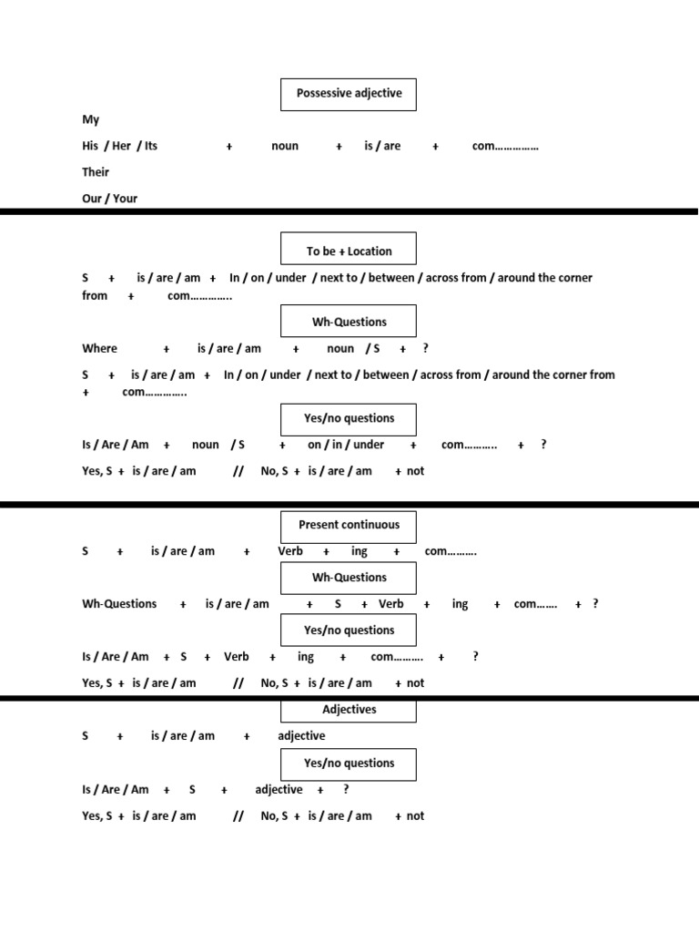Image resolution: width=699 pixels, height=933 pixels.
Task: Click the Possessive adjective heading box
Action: [x=349, y=94]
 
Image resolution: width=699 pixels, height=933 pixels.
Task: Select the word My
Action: [x=91, y=119]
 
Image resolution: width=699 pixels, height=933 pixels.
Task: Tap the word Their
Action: [x=96, y=171]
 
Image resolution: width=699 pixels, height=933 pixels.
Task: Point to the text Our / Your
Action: [x=109, y=198]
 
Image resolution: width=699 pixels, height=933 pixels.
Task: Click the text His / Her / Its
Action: [x=119, y=146]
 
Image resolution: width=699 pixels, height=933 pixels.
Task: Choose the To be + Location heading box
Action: [x=349, y=251]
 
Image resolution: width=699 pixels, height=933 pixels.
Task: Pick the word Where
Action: [x=99, y=348]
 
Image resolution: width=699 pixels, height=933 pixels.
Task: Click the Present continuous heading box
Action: [x=349, y=525]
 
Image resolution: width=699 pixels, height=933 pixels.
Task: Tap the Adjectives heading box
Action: [x=349, y=709]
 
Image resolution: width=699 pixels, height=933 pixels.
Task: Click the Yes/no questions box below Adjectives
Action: [x=349, y=764]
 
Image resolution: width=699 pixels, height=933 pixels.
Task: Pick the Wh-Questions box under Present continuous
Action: [x=349, y=578]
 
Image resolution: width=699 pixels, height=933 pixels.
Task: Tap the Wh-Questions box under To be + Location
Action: [x=349, y=322]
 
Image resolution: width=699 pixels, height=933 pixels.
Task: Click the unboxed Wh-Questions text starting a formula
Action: [x=119, y=604]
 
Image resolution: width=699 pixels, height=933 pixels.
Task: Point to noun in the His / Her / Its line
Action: [x=285, y=146]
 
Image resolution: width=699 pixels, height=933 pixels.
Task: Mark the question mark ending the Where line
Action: [x=426, y=348]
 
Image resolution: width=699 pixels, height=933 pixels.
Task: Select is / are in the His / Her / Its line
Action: [x=382, y=146]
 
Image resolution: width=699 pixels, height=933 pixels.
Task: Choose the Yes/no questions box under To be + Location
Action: [x=349, y=418]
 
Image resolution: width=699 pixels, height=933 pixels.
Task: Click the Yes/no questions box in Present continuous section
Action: [x=349, y=630]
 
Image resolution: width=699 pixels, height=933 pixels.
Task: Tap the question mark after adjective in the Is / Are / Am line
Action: [x=346, y=790]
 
